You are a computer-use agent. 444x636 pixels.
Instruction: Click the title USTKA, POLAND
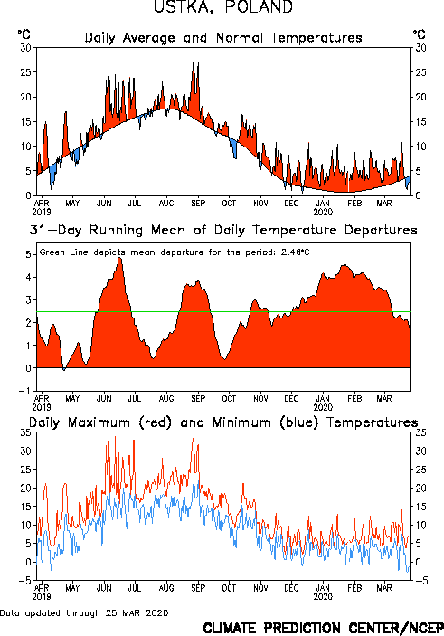point(223,7)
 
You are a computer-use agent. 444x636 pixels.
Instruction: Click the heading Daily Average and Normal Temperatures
point(223,38)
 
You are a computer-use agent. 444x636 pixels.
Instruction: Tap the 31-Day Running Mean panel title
point(223,230)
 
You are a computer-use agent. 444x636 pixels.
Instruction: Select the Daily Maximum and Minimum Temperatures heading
point(223,422)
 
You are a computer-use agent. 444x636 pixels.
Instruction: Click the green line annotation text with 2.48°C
point(175,252)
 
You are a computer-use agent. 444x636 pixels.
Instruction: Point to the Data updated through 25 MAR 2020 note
point(84,612)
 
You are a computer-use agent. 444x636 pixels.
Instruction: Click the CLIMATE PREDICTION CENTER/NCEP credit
point(323,628)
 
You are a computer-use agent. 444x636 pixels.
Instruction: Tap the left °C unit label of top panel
point(24,34)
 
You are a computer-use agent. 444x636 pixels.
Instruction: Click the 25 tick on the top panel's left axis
point(26,72)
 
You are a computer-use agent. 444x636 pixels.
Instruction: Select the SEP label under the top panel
point(198,204)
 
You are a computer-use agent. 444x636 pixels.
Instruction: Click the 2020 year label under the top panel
point(323,212)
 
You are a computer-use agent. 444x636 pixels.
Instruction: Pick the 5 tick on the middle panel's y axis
point(28,255)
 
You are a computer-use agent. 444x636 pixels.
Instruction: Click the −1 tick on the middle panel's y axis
point(24,391)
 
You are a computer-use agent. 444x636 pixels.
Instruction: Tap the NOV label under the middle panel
point(260,399)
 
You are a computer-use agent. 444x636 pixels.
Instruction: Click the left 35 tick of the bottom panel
point(26,432)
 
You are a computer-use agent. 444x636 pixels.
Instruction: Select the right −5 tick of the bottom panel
point(420,581)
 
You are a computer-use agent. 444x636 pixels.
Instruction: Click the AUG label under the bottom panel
point(166,588)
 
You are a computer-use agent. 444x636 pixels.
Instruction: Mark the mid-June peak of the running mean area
point(119,258)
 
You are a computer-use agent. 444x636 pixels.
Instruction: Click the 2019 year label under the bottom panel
point(42,597)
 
